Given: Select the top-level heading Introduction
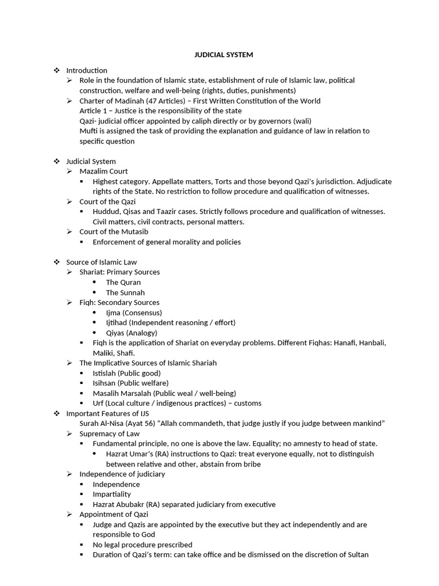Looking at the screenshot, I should (86, 70).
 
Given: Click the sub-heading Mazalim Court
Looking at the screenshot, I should (103, 171).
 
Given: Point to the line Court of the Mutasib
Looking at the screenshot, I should (114, 232).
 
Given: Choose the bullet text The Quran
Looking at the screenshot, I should (123, 282).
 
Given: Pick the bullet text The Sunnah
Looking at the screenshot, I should (125, 292).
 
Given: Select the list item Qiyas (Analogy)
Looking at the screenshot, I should (131, 332).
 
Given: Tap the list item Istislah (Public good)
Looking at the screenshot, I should (126, 373).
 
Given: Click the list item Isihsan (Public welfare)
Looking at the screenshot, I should (130, 383).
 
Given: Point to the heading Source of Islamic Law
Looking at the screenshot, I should (101, 262).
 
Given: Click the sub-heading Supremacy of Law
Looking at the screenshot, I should (109, 434).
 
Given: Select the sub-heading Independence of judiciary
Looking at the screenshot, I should (122, 474).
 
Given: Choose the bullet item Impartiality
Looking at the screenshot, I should (111, 494).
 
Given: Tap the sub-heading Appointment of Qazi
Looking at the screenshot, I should (114, 514).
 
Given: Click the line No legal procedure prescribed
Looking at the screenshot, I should (142, 545).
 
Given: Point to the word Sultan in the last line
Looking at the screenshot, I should (357, 555).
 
